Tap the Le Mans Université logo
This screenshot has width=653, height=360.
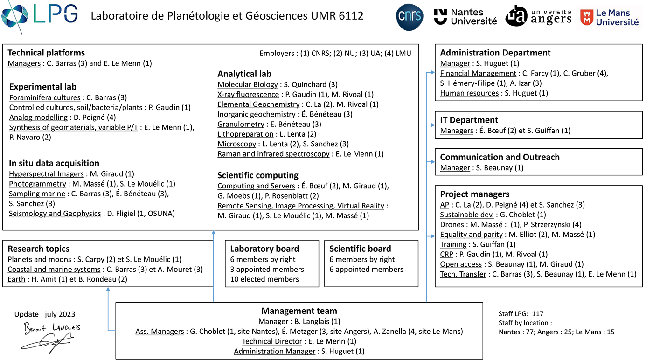tap(609, 17)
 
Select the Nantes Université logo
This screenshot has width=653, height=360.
tap(465, 17)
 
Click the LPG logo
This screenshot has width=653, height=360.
tap(40, 15)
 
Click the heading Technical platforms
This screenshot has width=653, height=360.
tap(46, 53)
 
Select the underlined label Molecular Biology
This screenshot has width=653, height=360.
tap(247, 84)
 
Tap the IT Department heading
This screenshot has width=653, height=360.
tap(469, 120)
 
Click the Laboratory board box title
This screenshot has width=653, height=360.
tap(264, 249)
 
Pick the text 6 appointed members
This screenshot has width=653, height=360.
tap(366, 269)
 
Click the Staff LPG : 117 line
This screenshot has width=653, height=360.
tap(521, 314)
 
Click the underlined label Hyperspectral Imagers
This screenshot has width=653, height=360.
tap(45, 174)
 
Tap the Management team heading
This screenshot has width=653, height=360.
tap(299, 311)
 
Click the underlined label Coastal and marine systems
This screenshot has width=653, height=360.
tap(54, 269)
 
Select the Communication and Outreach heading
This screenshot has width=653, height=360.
tap(500, 157)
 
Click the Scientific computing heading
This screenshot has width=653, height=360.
tap(257, 175)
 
